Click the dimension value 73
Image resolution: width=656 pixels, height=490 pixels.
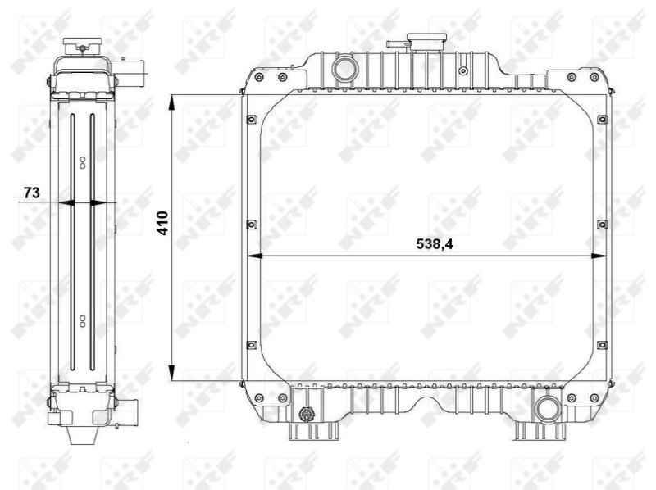(31, 193)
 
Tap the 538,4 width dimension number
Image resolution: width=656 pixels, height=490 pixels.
(435, 243)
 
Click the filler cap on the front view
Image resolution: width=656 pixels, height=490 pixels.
(426, 40)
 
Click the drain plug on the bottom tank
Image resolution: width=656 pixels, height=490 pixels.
(308, 413)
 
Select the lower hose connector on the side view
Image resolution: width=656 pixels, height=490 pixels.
(130, 407)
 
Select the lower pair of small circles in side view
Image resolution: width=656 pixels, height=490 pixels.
(82, 318)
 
